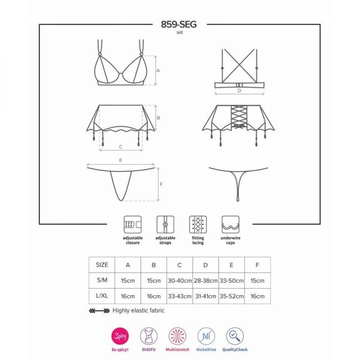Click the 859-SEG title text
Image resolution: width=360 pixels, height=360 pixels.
click(179, 25)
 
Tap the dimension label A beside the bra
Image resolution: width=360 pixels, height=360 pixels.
click(158, 70)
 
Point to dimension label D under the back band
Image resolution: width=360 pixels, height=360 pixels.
click(239, 91)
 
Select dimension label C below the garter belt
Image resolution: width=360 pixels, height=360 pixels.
click(121, 147)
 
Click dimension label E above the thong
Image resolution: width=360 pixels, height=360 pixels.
click(121, 160)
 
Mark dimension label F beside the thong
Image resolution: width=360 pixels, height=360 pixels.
click(161, 184)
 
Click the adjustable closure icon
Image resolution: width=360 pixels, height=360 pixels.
click(133, 224)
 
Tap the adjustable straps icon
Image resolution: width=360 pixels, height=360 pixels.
click(166, 224)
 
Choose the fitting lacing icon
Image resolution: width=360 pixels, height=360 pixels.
click(198, 224)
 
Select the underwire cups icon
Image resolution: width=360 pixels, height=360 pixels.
click(230, 224)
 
